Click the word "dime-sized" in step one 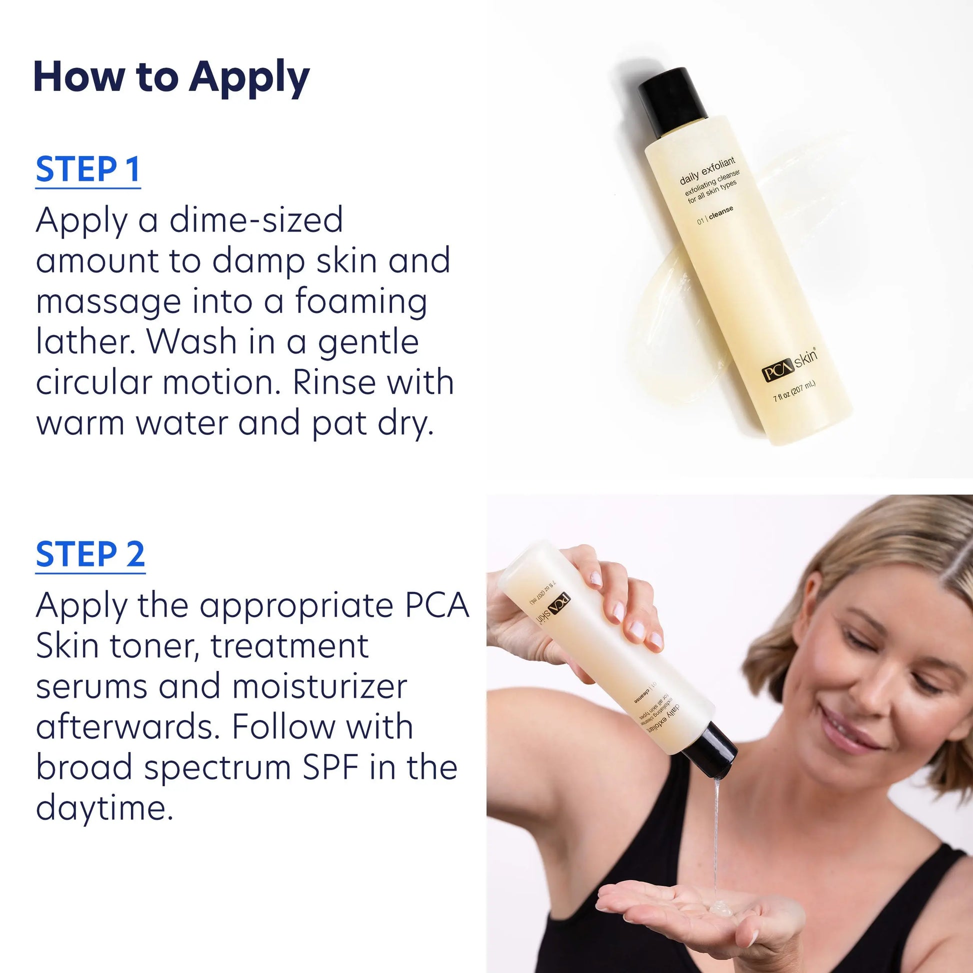click(256, 220)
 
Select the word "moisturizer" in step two click(320, 686)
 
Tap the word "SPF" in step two click(331, 767)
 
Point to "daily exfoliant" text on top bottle click(707, 170)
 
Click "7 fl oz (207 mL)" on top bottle click(794, 391)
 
